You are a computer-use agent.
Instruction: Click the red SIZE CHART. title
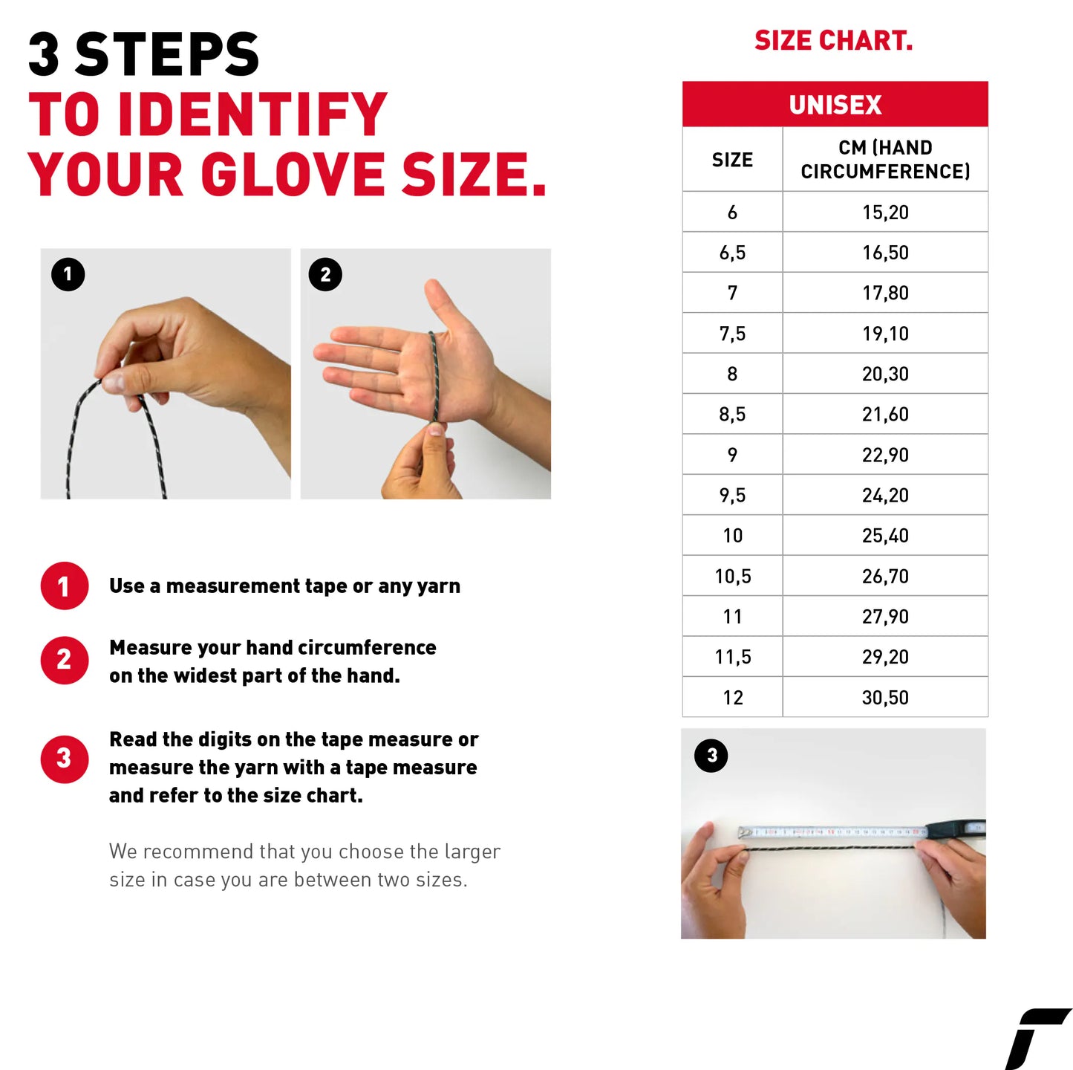[833, 41]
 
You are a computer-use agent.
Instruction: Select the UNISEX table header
[835, 105]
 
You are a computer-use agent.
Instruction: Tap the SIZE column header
[732, 160]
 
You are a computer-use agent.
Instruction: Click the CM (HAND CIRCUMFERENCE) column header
[885, 160]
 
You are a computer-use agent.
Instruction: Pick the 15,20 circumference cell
[885, 213]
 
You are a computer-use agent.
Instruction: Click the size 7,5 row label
[732, 334]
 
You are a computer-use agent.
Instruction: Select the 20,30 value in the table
[885, 374]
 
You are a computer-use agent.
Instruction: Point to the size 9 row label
[732, 455]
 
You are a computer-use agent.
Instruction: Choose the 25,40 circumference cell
[885, 536]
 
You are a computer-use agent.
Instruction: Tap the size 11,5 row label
[732, 657]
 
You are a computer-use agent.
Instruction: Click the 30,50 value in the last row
[885, 698]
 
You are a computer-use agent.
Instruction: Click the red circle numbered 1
[65, 586]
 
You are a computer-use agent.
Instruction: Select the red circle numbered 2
[65, 660]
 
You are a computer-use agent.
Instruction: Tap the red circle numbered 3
[65, 759]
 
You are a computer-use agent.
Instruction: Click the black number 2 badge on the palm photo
[325, 275]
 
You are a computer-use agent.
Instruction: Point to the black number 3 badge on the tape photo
[711, 756]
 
